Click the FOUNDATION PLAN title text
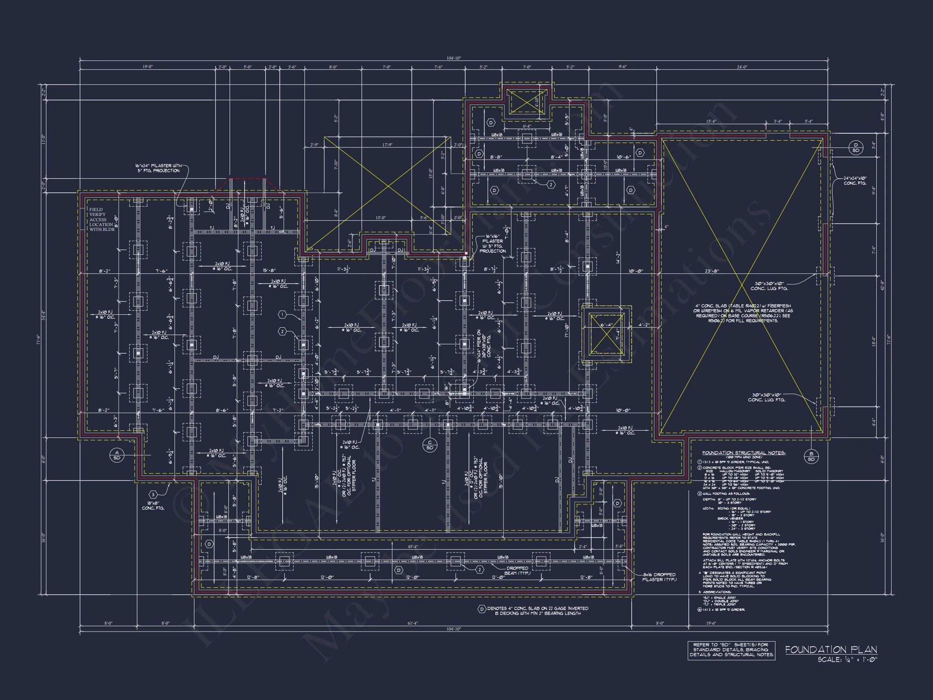click(831, 650)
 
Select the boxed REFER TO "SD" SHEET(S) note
click(731, 650)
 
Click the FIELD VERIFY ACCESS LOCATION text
click(101, 220)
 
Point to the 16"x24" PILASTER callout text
click(158, 168)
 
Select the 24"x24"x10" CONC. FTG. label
click(855, 181)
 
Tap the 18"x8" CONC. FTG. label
click(153, 506)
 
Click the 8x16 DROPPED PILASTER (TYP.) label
click(659, 577)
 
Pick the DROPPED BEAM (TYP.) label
click(517, 570)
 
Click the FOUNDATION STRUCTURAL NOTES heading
click(743, 453)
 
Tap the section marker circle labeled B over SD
click(811, 456)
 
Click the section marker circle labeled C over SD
click(429, 445)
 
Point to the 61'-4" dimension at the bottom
click(412, 623)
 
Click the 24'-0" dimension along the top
click(741, 67)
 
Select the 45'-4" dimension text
click(413, 547)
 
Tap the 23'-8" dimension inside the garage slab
click(711, 271)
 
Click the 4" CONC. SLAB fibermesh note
click(743, 313)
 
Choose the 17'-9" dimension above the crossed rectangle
click(387, 145)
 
